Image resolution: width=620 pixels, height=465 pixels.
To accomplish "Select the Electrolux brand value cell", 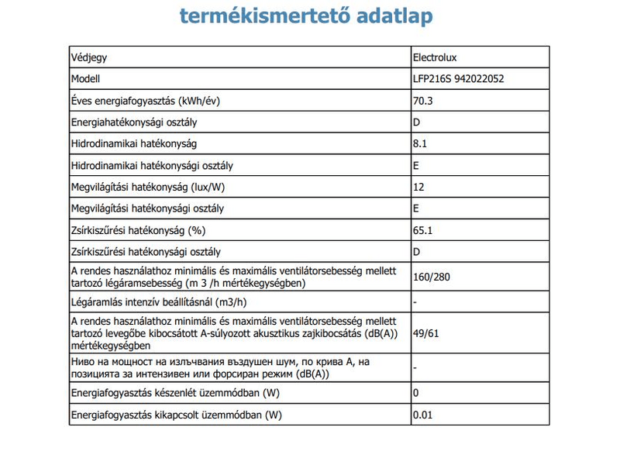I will tap(440, 57).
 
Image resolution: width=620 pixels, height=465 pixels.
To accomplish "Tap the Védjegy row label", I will tap(89, 57).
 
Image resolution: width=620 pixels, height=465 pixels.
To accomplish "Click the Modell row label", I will tap(86, 79).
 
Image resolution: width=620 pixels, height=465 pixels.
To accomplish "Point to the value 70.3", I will tap(423, 101).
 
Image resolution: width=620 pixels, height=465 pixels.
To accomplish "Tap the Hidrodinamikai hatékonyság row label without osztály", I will tap(133, 144).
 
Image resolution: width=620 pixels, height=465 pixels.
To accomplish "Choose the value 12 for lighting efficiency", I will tap(418, 188).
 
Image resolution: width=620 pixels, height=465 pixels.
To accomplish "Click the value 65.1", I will tap(423, 231).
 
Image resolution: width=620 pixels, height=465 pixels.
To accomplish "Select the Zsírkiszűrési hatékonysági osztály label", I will tap(146, 252).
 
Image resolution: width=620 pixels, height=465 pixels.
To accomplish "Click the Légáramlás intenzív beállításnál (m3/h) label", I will tap(163, 301).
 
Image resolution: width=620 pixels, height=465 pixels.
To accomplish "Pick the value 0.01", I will tap(423, 415).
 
